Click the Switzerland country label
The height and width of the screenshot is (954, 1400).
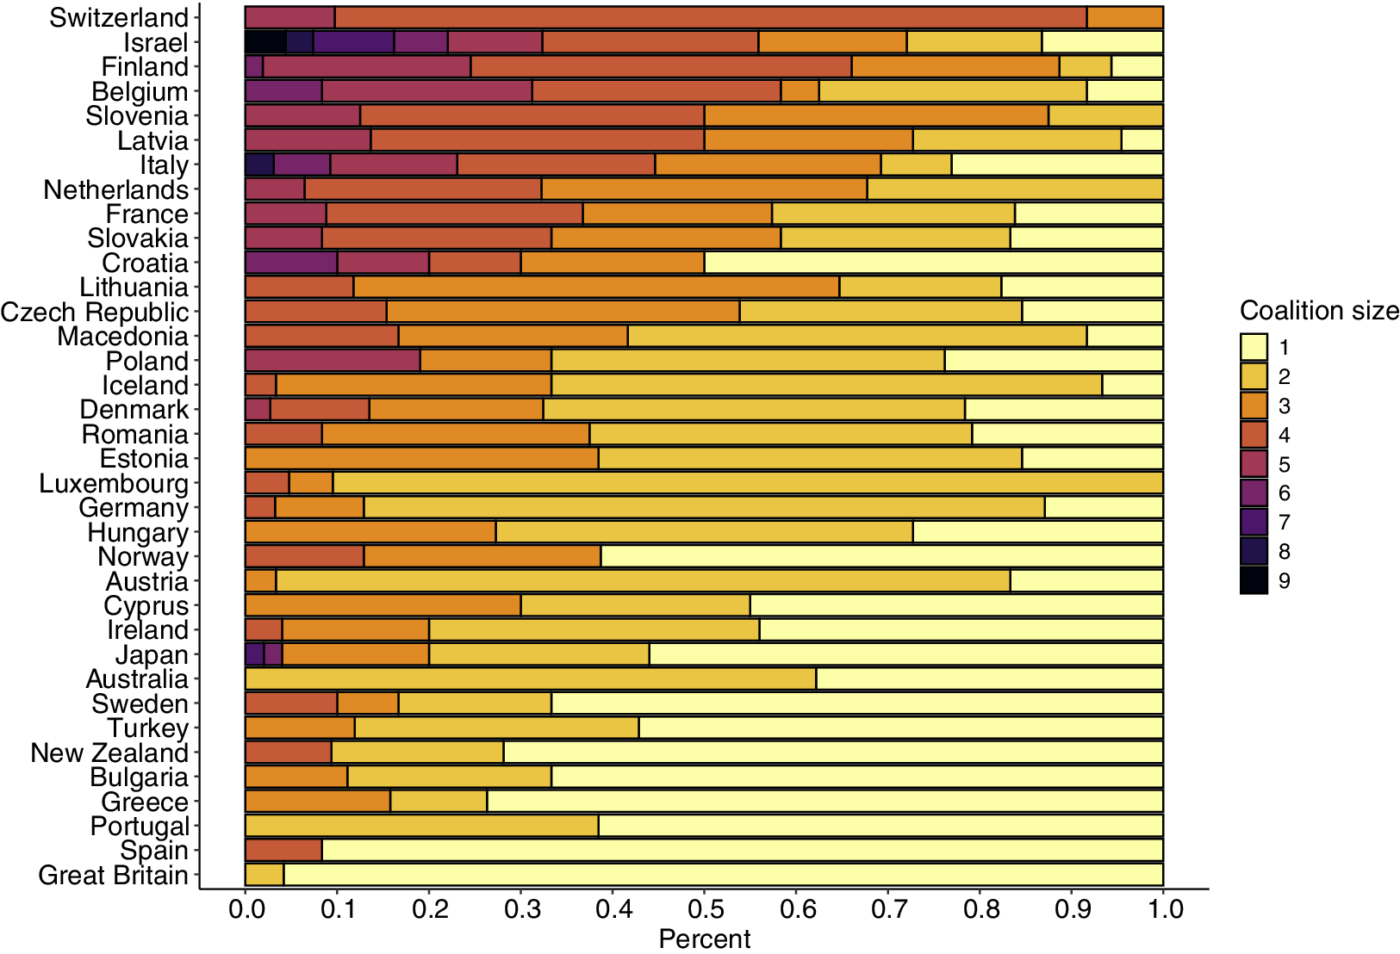pyautogui.click(x=118, y=18)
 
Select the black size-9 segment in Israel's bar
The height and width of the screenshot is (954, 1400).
pyautogui.click(x=264, y=42)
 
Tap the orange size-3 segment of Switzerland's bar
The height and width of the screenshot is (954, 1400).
pyautogui.click(x=1124, y=18)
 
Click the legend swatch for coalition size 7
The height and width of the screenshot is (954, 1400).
pyautogui.click(x=1254, y=523)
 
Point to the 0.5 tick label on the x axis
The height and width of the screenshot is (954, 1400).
pyautogui.click(x=704, y=909)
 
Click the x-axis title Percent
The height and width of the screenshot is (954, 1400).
pyautogui.click(x=704, y=939)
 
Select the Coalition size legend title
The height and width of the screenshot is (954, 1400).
pyautogui.click(x=1318, y=311)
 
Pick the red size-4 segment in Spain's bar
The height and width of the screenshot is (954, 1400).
pyautogui.click(x=283, y=851)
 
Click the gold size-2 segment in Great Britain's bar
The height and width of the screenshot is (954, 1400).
pyautogui.click(x=264, y=876)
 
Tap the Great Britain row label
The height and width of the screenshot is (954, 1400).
pyautogui.click(x=113, y=876)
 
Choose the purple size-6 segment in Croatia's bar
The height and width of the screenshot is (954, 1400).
pyautogui.click(x=291, y=263)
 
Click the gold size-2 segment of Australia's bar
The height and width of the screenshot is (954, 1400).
pyautogui.click(x=530, y=679)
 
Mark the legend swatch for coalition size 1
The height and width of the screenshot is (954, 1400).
pyautogui.click(x=1254, y=347)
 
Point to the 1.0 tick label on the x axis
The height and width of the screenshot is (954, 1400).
pyautogui.click(x=1162, y=909)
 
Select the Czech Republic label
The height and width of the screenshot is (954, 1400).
pyautogui.click(x=94, y=312)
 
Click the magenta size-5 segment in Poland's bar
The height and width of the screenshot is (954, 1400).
pyautogui.click(x=333, y=361)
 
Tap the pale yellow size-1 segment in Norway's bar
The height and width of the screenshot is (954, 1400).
pyautogui.click(x=881, y=557)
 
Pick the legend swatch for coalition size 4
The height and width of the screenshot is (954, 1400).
pyautogui.click(x=1254, y=435)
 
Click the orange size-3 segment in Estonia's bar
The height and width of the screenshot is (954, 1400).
pyautogui.click(x=421, y=459)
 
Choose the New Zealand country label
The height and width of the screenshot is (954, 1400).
pyautogui.click(x=109, y=753)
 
